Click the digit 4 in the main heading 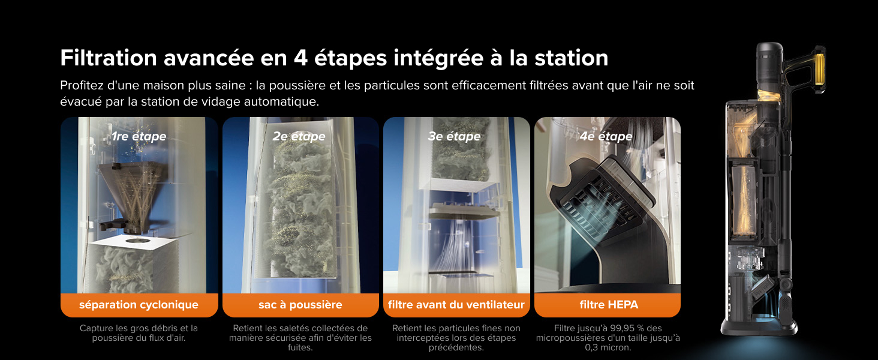point(300,58)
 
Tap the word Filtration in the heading point(109,58)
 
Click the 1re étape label point(139,136)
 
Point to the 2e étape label point(299,136)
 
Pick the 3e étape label point(454,136)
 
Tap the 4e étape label point(606,136)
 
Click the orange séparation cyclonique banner point(139,305)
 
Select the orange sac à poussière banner point(300,305)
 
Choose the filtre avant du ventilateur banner point(456,305)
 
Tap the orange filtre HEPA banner point(608,305)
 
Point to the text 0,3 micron point(608,347)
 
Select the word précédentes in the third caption point(455,347)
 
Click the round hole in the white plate point(136,241)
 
